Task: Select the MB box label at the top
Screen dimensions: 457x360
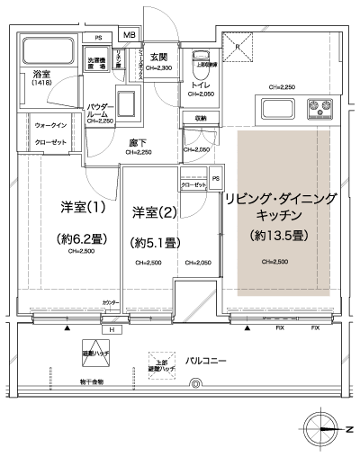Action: click(130, 36)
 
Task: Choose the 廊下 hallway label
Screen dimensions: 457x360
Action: click(136, 143)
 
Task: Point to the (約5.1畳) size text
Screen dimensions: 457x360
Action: click(156, 242)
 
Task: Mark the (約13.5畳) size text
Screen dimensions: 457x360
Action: click(279, 236)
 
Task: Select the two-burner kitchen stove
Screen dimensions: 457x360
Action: click(319, 111)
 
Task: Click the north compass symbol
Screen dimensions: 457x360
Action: click(320, 428)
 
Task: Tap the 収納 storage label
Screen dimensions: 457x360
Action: click(199, 118)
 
